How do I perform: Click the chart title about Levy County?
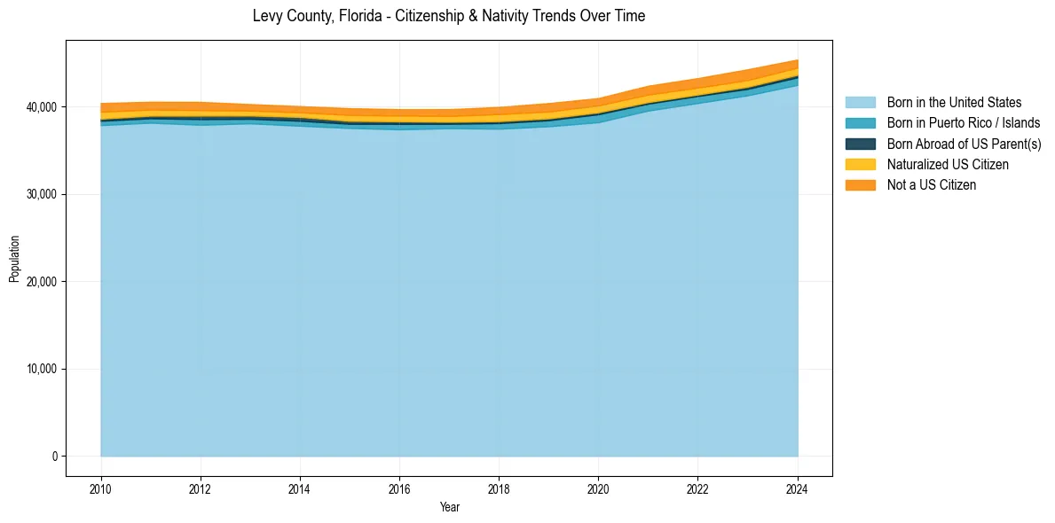(x=448, y=16)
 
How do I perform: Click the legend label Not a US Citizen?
(x=932, y=184)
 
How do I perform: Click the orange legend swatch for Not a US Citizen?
(x=860, y=184)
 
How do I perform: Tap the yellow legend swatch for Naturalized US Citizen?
(x=860, y=164)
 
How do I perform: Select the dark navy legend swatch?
(x=860, y=144)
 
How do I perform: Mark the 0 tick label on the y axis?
(x=54, y=457)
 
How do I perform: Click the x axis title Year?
(x=449, y=507)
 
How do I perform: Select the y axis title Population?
(x=14, y=259)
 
